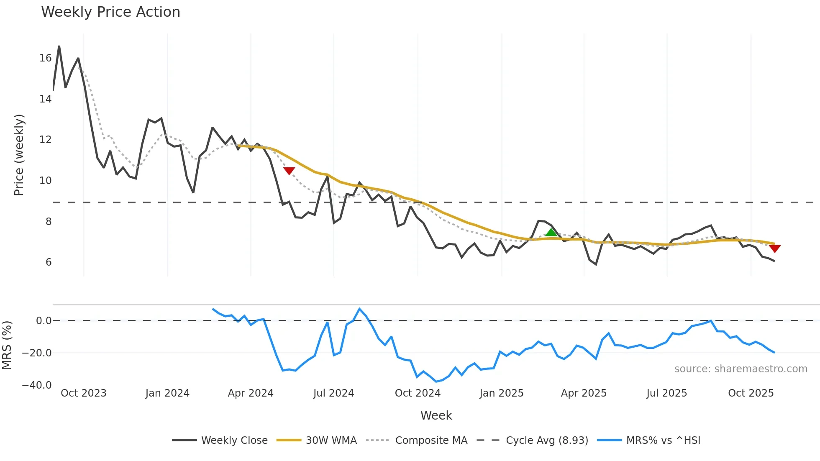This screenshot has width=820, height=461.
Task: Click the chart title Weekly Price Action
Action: (110, 12)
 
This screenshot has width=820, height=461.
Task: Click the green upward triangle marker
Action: (551, 233)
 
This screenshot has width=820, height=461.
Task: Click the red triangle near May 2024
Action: (289, 171)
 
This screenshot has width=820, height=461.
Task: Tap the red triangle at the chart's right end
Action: (774, 248)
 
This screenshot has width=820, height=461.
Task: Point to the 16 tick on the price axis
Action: (46, 58)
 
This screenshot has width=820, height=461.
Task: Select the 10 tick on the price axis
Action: (46, 181)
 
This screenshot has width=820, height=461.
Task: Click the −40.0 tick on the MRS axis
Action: (37, 385)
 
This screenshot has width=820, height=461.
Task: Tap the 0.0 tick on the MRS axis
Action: (44, 321)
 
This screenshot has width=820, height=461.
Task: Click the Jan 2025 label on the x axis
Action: (501, 393)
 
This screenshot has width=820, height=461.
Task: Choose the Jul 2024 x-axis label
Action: (333, 393)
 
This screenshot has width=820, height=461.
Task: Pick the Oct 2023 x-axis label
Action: (84, 393)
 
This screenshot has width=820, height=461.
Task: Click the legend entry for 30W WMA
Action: (331, 441)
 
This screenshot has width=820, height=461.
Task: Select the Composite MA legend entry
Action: (431, 441)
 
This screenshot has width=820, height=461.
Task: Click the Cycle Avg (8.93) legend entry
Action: (547, 441)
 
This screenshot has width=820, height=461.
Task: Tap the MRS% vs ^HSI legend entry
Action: (663, 441)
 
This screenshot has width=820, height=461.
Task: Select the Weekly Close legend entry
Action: (234, 441)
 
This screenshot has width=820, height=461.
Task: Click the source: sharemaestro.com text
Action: (741, 369)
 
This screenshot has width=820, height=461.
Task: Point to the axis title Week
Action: (436, 415)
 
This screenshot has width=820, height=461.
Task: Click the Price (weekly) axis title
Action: (19, 155)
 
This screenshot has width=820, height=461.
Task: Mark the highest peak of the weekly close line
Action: (59, 46)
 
